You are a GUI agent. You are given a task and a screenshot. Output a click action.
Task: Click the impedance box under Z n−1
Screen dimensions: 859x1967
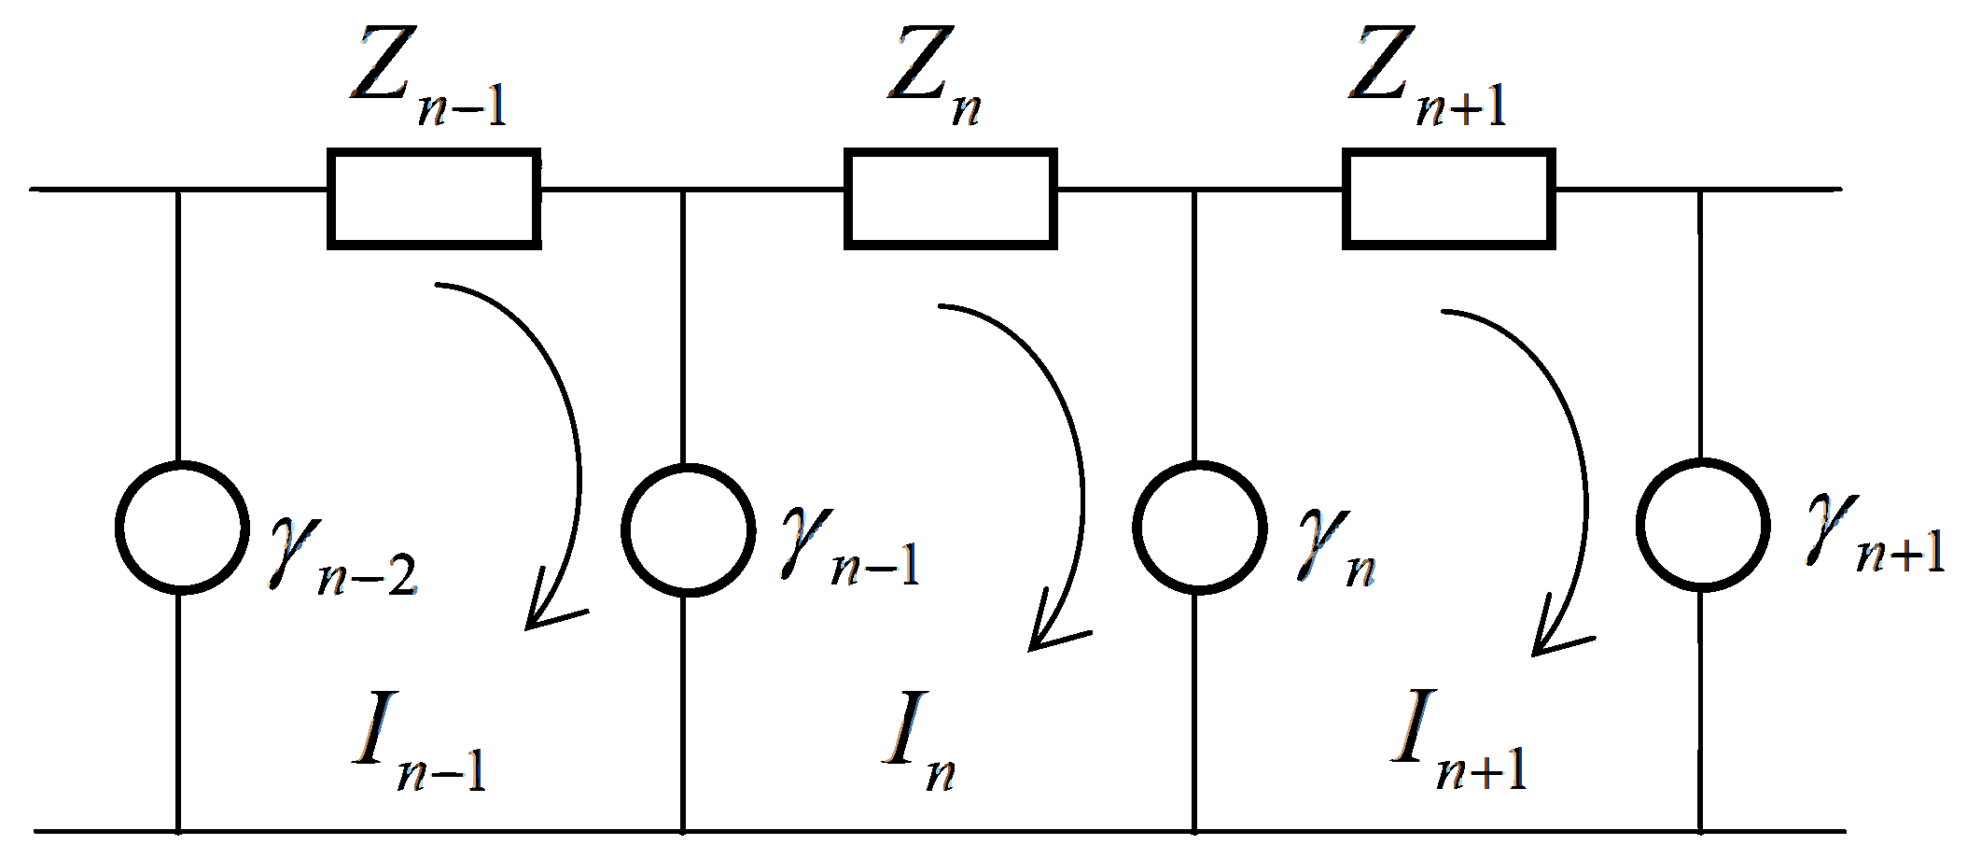click(x=434, y=198)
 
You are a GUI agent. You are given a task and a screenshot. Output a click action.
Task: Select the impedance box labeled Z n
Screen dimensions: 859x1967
click(x=951, y=198)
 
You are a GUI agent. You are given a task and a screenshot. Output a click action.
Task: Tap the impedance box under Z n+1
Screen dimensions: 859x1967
click(x=1449, y=198)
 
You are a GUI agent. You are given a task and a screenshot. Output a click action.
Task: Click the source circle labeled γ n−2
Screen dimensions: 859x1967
click(x=182, y=528)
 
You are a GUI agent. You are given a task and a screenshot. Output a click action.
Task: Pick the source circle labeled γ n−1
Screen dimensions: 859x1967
click(x=688, y=529)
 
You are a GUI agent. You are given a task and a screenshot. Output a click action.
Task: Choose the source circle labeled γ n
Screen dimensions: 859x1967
click(x=1199, y=528)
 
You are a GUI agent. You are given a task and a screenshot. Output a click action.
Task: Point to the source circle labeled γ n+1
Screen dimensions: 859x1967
click(x=1703, y=526)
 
